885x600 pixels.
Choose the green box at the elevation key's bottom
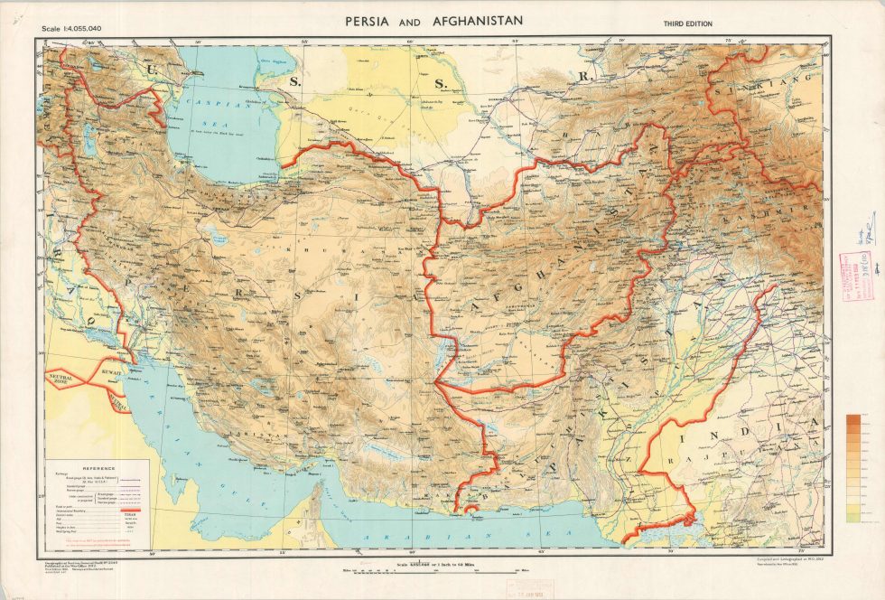[x=853, y=517]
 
